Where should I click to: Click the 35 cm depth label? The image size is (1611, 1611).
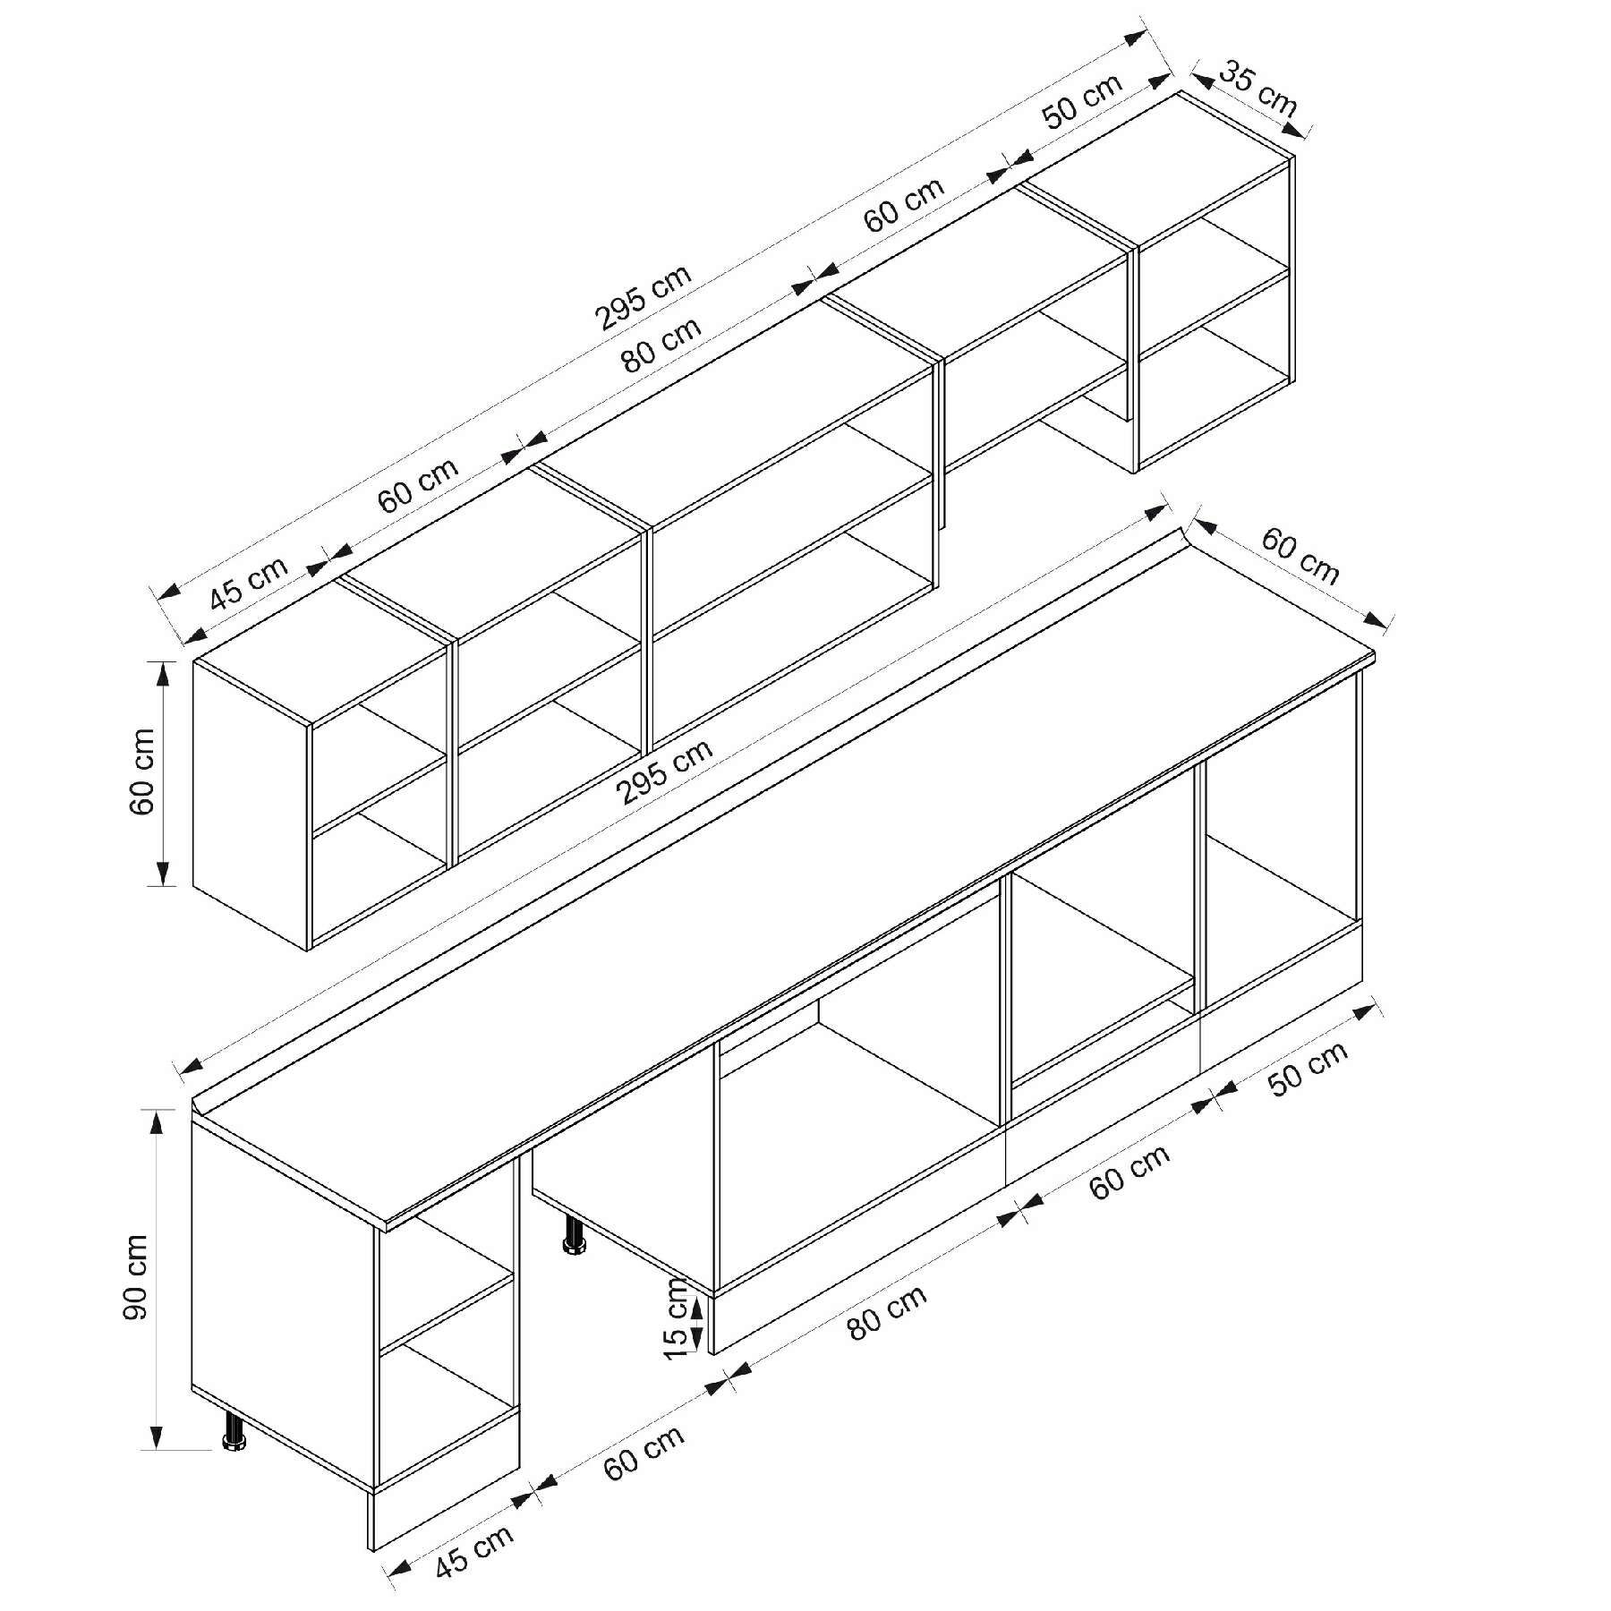pyautogui.click(x=1257, y=89)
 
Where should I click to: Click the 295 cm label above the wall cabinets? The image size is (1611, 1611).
pyautogui.click(x=644, y=297)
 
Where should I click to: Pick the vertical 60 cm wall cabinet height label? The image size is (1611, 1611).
pyautogui.click(x=142, y=771)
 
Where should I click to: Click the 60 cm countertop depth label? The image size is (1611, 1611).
pyautogui.click(x=1300, y=556)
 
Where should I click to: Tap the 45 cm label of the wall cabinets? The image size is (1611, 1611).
pyautogui.click(x=250, y=582)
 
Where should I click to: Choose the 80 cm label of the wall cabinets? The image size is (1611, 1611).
pyautogui.click(x=661, y=344)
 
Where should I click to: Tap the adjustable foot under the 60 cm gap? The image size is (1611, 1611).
pyautogui.click(x=573, y=1237)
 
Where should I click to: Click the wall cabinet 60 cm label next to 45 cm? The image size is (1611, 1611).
pyautogui.click(x=419, y=484)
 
